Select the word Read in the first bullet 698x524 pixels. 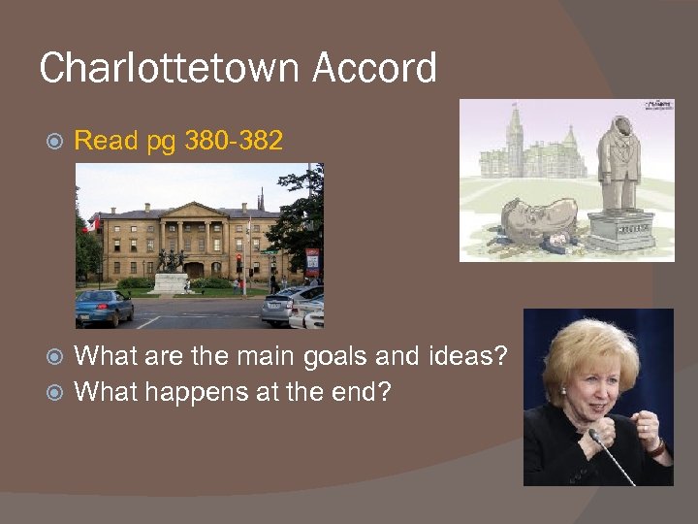tap(107, 141)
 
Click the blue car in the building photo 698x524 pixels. tap(105, 307)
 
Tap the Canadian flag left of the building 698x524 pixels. tap(94, 224)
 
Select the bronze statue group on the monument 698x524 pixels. tap(172, 261)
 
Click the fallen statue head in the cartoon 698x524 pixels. tap(529, 217)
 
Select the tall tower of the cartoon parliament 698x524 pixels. tap(515, 136)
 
